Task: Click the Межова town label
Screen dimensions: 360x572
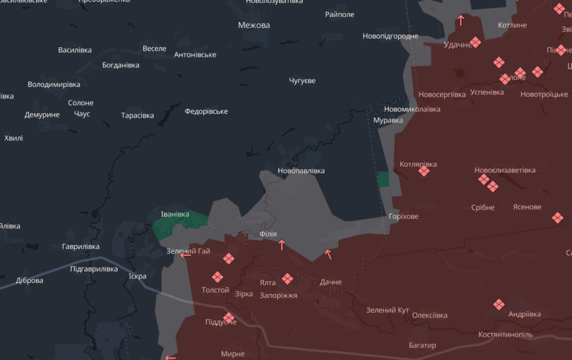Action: click(x=254, y=25)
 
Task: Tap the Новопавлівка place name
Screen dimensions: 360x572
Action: click(x=301, y=171)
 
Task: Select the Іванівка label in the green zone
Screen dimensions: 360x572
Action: click(x=175, y=214)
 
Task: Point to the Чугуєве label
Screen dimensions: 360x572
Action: click(x=302, y=81)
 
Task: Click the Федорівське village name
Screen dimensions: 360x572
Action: click(x=206, y=111)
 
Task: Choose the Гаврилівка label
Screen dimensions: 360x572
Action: click(x=81, y=246)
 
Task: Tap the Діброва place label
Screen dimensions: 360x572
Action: click(x=30, y=281)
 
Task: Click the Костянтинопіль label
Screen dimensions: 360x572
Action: click(x=505, y=334)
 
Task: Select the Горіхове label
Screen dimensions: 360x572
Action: click(x=404, y=217)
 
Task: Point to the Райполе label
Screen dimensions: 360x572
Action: click(x=340, y=14)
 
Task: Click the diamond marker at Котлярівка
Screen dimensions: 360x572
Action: click(x=424, y=171)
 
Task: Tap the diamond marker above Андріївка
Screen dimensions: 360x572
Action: click(x=499, y=305)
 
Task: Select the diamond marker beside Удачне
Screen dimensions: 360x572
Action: click(x=475, y=43)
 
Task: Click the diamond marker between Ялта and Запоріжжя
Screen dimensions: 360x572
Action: click(x=288, y=278)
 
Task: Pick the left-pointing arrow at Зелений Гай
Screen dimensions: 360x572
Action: click(x=186, y=255)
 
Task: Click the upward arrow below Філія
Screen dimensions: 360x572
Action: click(x=282, y=245)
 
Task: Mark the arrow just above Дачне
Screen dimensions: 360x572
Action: click(x=328, y=254)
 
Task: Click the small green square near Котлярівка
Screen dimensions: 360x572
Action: click(x=383, y=179)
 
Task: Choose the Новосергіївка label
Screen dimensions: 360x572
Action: click(x=442, y=94)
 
